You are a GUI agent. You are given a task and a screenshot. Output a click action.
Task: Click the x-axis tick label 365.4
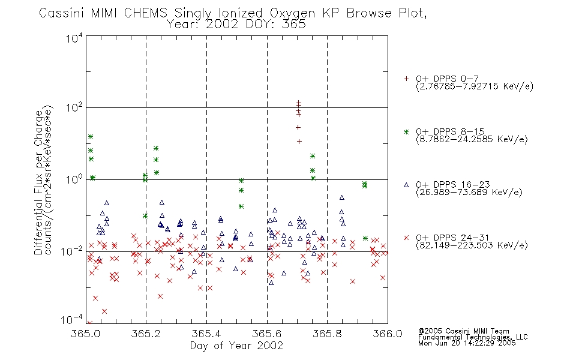point(206,334)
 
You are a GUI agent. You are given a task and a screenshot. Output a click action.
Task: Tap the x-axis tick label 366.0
point(388,334)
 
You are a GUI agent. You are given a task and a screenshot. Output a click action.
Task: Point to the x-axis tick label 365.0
point(85,334)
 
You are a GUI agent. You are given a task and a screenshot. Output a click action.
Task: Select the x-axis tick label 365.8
point(327,334)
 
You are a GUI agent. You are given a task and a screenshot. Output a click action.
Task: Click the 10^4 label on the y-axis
point(74,38)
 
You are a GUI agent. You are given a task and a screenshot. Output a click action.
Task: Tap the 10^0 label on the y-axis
point(74,179)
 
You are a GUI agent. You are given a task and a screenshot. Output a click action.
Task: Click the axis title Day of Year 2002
point(236,346)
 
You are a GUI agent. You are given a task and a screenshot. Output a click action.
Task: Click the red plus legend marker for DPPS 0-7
point(406,79)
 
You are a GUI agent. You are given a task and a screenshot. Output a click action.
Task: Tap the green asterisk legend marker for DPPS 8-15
point(406,131)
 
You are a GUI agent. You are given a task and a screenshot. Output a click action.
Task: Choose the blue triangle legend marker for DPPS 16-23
point(406,185)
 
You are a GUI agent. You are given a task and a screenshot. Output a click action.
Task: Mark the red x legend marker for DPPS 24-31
point(406,238)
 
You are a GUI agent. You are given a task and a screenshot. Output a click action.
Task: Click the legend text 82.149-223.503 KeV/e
point(472,245)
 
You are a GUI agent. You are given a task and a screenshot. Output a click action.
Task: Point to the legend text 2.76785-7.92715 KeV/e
point(475,86)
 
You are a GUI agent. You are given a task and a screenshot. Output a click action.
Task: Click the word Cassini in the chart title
point(61,13)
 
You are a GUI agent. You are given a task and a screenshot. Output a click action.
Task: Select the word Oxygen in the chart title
point(292,13)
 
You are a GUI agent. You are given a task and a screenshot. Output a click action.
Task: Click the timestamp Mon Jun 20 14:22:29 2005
point(467,343)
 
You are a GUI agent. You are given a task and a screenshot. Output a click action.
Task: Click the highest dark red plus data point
point(298,103)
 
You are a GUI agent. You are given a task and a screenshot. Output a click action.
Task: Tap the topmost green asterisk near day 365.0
point(91,137)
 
